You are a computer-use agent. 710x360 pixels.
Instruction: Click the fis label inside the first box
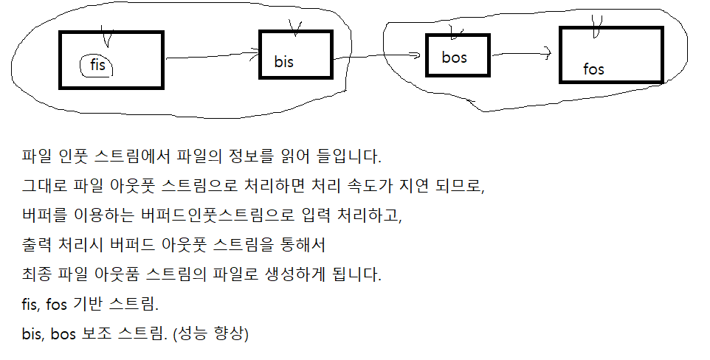pyautogui.click(x=97, y=66)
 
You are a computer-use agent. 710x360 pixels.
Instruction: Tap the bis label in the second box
pyautogui.click(x=283, y=62)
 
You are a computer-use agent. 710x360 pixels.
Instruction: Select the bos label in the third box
pyautogui.click(x=454, y=57)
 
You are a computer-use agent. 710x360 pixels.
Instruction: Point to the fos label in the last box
pyautogui.click(x=593, y=69)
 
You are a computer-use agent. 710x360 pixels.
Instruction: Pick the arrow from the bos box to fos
pyautogui.click(x=521, y=52)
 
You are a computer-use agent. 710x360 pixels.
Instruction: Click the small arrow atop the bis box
pyautogui.click(x=296, y=28)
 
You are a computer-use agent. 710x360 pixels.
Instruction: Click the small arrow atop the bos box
pyautogui.click(x=455, y=31)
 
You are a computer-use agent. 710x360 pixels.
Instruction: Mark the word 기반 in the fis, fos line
pyautogui.click(x=102, y=304)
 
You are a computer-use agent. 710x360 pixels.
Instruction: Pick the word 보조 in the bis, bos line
pyautogui.click(x=102, y=333)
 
